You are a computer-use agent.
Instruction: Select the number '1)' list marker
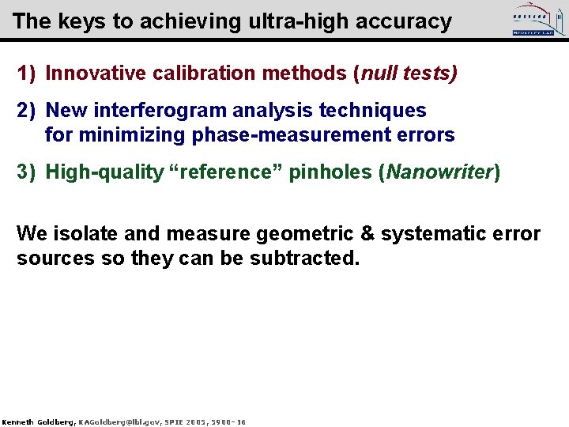tap(27, 74)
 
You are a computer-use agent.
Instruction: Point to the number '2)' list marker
tap(27, 111)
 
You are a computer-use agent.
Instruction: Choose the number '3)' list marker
tap(27, 172)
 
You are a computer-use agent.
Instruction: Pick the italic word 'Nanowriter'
tap(439, 172)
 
